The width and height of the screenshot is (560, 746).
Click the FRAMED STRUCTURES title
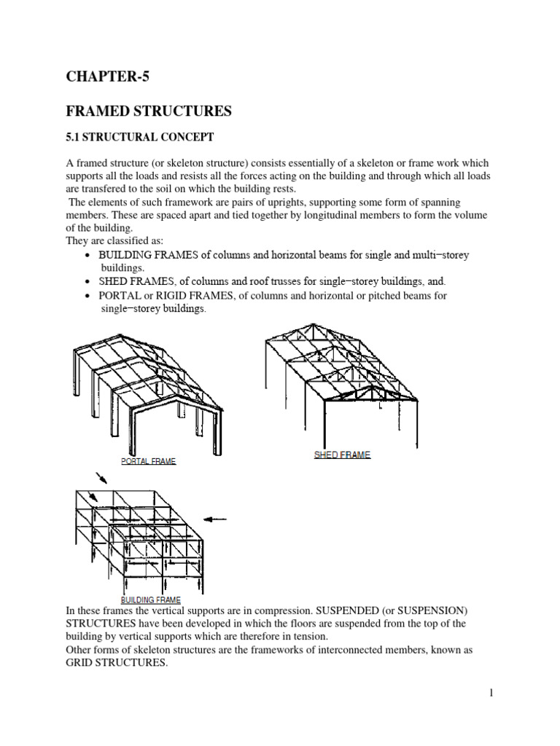tap(149, 111)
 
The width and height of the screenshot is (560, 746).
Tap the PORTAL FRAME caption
tap(148, 461)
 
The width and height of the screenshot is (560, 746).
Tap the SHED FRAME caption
tap(342, 455)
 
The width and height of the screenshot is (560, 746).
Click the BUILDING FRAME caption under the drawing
tap(151, 600)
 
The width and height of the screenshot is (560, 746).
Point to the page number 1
tap(492, 693)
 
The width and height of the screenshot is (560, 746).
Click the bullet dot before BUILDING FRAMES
tap(87, 256)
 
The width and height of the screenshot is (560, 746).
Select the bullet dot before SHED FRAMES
tap(87, 281)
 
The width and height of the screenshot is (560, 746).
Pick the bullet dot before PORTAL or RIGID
tap(87, 297)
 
